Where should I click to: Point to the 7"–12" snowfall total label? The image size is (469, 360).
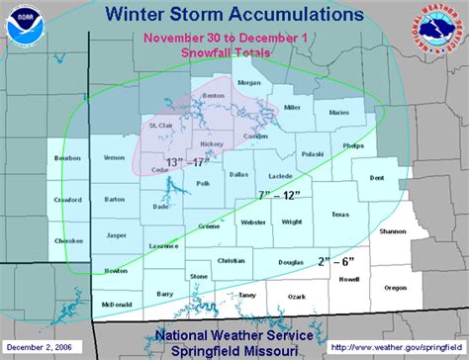point(278,196)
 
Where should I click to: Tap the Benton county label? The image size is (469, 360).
point(213,96)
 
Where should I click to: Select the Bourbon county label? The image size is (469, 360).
point(66,158)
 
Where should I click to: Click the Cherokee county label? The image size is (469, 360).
point(67,239)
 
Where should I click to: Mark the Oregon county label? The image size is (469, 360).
point(395,287)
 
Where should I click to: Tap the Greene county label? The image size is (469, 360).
point(209,225)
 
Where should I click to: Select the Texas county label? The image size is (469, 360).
point(340,214)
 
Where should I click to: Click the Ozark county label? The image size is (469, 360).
point(296,296)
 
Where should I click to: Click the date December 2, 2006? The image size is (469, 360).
point(39,346)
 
